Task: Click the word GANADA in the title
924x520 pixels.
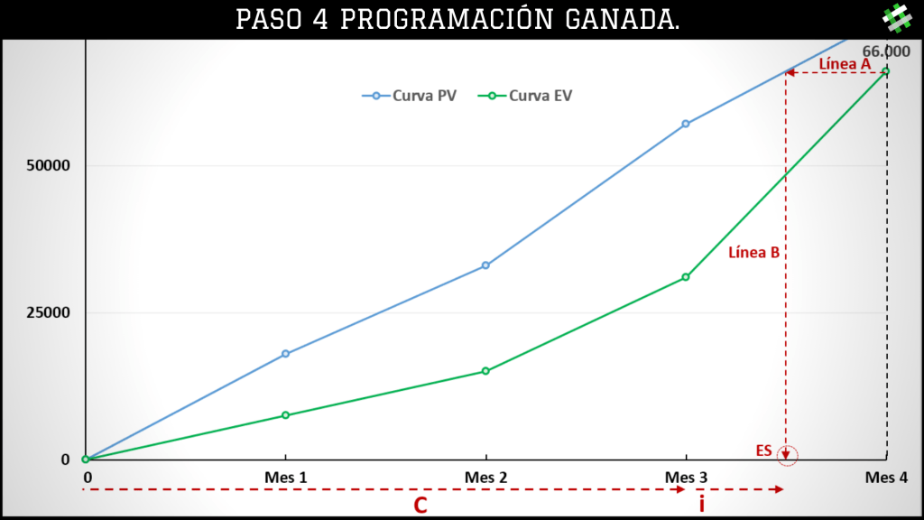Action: click(622, 20)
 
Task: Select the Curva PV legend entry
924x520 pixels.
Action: click(409, 96)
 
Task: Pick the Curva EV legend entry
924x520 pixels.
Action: click(525, 96)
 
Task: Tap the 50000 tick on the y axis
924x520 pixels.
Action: click(48, 166)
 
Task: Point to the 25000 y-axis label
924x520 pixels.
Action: click(48, 312)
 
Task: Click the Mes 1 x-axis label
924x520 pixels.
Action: click(286, 478)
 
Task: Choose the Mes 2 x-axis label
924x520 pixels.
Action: click(486, 478)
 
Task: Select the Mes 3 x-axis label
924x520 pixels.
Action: click(686, 478)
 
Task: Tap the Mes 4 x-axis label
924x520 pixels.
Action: click(886, 478)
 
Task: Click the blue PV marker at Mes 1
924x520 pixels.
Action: click(286, 354)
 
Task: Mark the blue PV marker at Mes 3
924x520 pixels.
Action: click(686, 124)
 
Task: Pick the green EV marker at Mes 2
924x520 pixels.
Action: click(486, 371)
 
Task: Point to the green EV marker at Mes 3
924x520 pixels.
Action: click(686, 277)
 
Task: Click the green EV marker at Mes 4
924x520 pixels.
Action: click(886, 71)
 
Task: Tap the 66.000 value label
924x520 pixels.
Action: click(886, 51)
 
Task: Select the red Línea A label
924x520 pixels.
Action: click(845, 64)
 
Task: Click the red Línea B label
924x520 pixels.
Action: click(753, 253)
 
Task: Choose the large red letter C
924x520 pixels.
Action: click(420, 506)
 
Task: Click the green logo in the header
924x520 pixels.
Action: click(897, 18)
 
